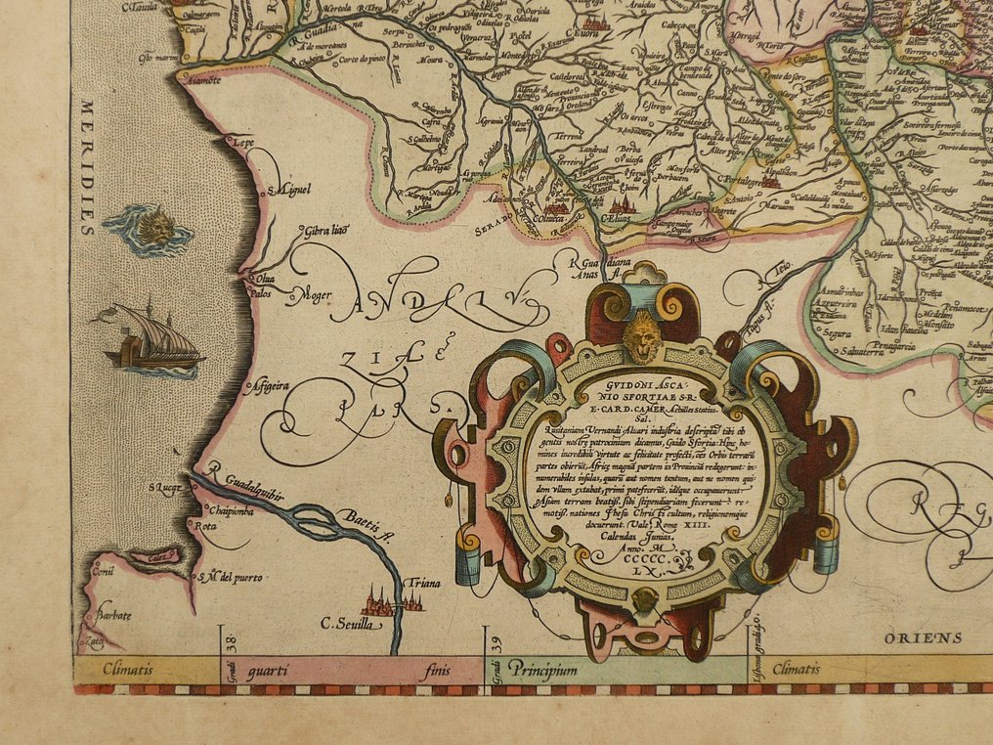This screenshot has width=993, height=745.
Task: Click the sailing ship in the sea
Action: (153, 339)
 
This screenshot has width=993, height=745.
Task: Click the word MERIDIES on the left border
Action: (88, 165)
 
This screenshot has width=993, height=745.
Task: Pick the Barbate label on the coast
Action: (113, 616)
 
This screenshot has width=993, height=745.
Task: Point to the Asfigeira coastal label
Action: (272, 385)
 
